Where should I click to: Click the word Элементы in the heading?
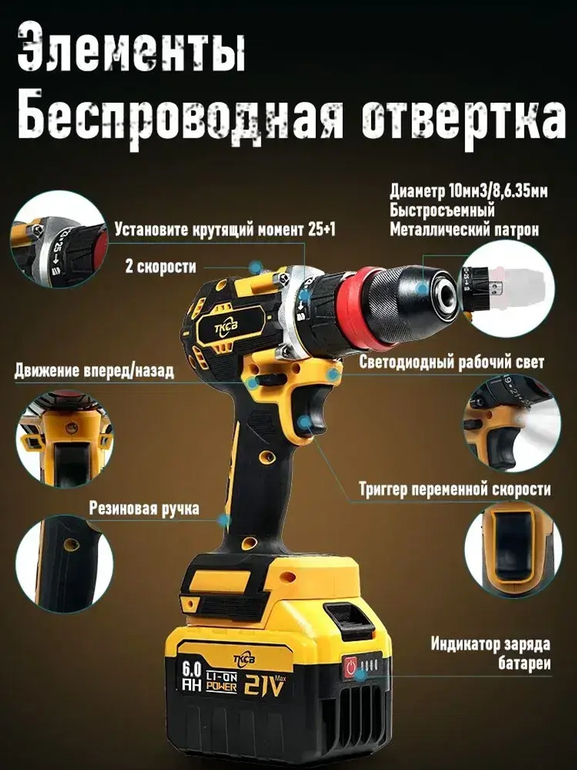pos(132,49)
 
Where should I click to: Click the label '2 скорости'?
pos(160,267)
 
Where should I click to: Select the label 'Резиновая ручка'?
pos(144,508)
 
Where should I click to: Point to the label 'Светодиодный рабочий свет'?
pos(451,362)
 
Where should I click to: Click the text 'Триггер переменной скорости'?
pos(454,489)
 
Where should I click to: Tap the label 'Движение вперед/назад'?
pos(94,370)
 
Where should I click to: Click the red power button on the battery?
pos(350,667)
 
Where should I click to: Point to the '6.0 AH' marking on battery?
pos(192,677)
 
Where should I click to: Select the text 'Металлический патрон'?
pos(464,230)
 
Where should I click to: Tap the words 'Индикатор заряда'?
pos(490,644)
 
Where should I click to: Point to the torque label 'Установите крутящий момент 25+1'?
pos(224,229)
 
